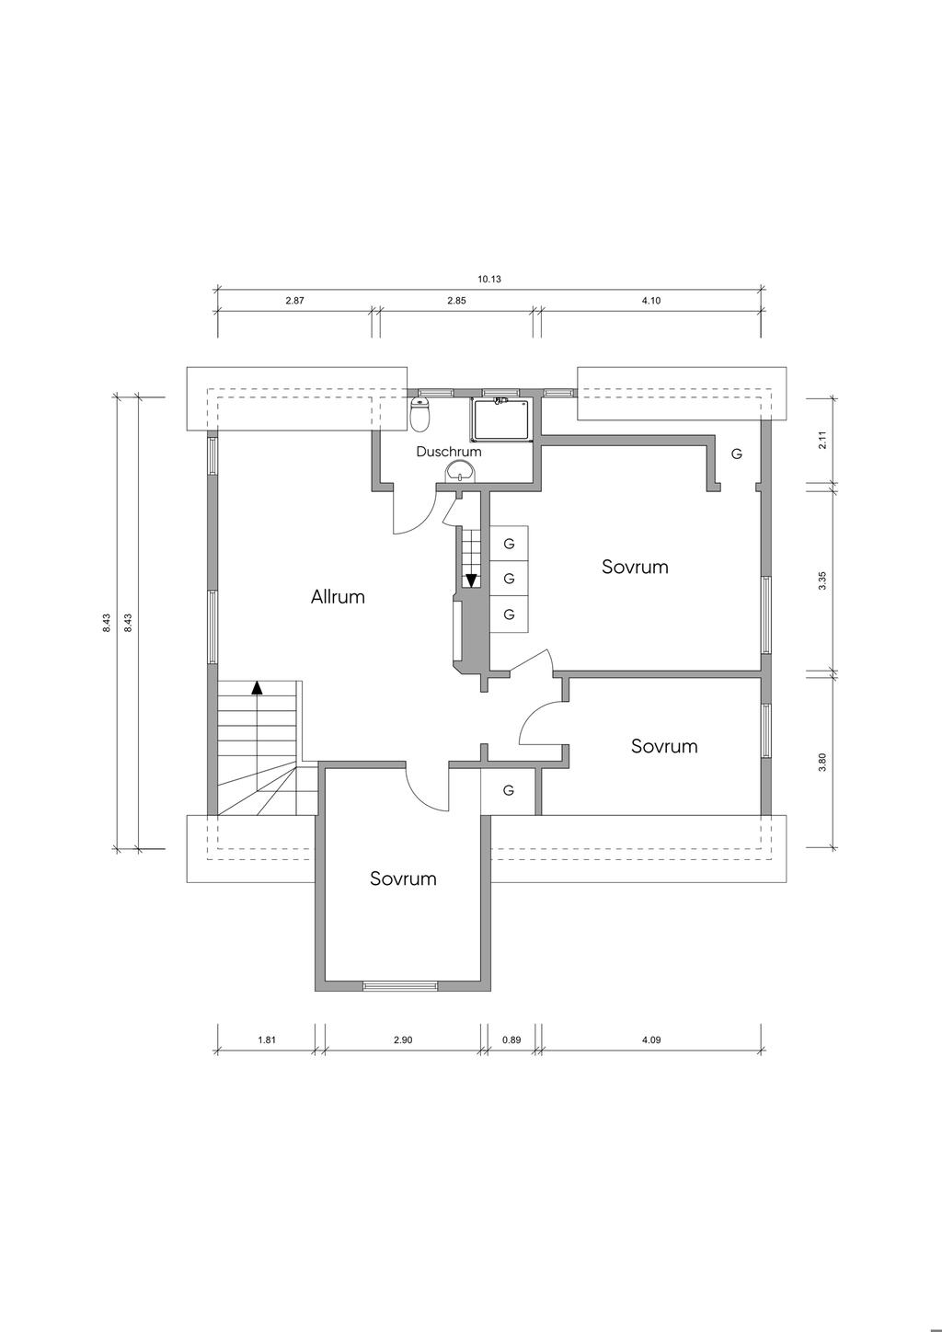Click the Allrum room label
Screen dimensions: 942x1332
click(338, 596)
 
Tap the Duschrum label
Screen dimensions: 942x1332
click(448, 452)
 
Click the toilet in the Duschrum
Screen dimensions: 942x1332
click(420, 414)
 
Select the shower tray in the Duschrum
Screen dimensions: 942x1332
click(502, 419)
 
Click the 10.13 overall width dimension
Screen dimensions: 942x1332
click(488, 279)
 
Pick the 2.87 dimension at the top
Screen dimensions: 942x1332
click(294, 300)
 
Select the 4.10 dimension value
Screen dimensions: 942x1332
click(651, 300)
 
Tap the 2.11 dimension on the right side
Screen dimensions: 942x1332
click(822, 440)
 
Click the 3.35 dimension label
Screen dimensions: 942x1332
click(822, 580)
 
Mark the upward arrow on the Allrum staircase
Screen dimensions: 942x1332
click(257, 687)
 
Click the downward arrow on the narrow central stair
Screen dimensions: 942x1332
click(472, 580)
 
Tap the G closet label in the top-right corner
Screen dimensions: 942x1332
click(737, 454)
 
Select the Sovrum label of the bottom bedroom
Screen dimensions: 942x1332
click(403, 878)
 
